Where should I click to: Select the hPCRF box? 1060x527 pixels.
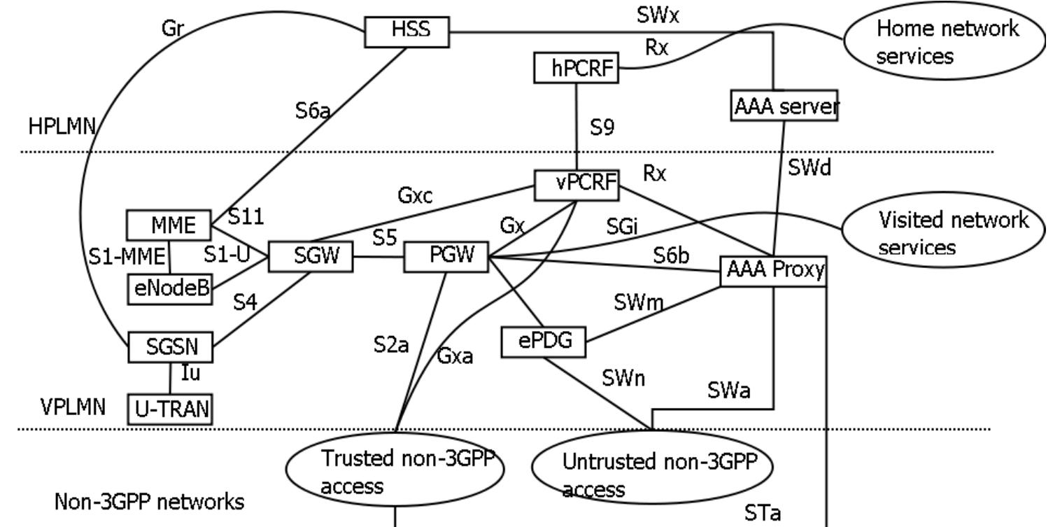click(x=575, y=69)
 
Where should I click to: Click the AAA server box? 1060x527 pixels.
click(x=784, y=108)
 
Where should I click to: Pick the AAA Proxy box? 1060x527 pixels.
click(x=773, y=270)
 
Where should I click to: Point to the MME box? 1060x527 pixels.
click(x=170, y=225)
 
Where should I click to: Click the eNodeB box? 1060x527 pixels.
click(x=169, y=288)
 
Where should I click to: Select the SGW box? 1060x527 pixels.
click(x=311, y=257)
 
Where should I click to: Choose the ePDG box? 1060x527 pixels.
click(x=543, y=341)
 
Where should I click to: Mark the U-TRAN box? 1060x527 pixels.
click(x=169, y=409)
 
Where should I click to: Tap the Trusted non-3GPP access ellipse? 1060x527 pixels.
click(x=395, y=472)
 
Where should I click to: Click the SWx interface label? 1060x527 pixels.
click(x=658, y=17)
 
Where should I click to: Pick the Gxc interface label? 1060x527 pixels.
click(x=416, y=197)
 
